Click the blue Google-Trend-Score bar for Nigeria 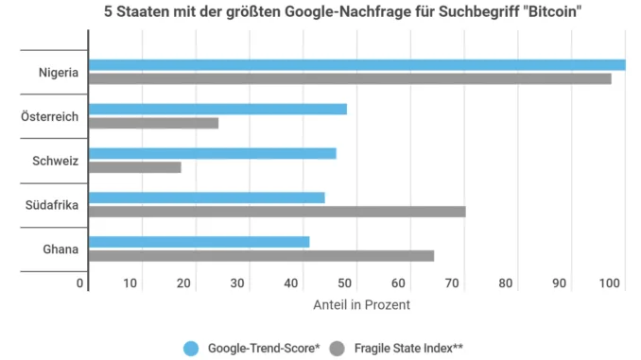point(357,65)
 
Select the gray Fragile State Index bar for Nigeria point(351,78)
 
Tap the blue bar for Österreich point(217,109)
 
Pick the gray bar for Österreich point(154,123)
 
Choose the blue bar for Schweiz point(213,154)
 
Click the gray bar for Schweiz point(135,167)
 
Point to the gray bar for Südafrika point(277,212)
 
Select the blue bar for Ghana point(199,242)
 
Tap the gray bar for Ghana point(262,256)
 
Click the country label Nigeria point(59,73)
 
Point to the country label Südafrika point(52,205)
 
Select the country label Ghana point(61,249)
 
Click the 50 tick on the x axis point(345,283)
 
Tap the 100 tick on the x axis point(610,283)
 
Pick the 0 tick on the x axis point(79,283)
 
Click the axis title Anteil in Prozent point(362,305)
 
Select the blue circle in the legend point(191,349)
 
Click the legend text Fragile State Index point(404,348)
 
